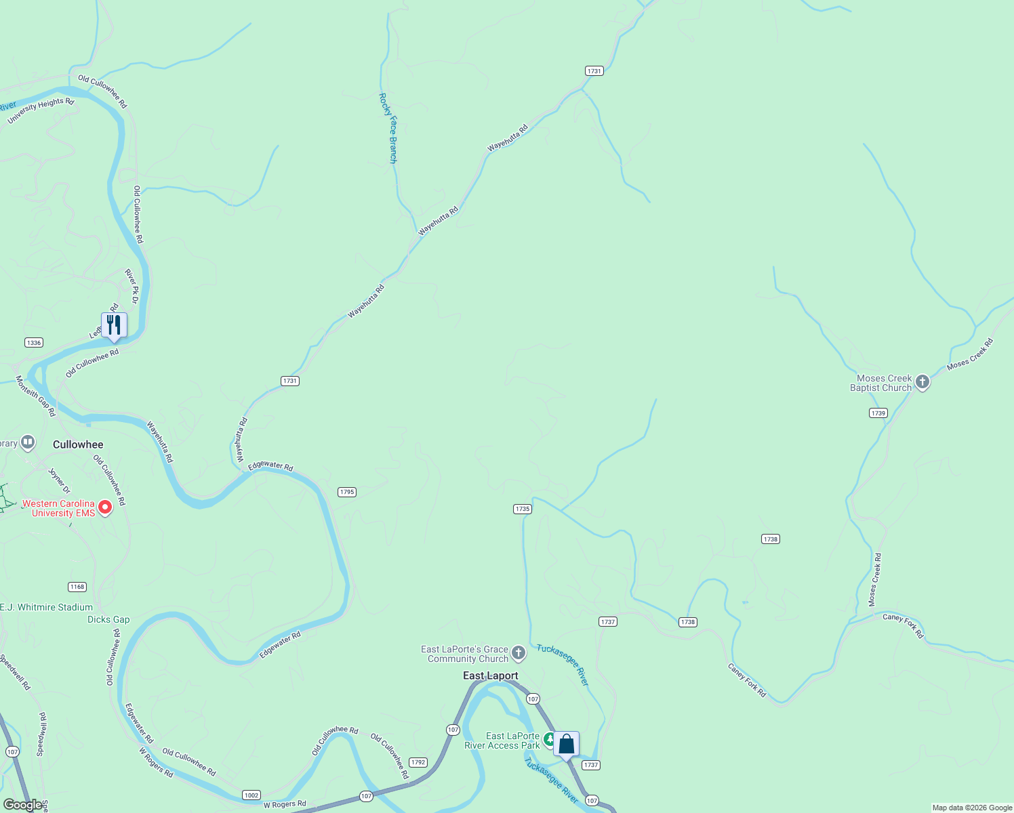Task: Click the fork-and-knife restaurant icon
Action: (x=114, y=325)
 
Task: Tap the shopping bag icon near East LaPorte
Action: (x=566, y=744)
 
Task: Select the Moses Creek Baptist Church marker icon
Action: (x=922, y=382)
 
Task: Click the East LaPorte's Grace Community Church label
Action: (x=464, y=654)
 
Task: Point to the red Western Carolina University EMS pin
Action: (x=105, y=507)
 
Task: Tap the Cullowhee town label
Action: (x=78, y=444)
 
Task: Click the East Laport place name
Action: (x=490, y=675)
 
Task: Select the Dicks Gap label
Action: (x=108, y=619)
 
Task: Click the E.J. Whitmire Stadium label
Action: (x=46, y=607)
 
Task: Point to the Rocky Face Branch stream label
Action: (x=388, y=128)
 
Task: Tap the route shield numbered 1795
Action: (x=346, y=492)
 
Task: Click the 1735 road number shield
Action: (x=522, y=509)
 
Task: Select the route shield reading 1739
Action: (x=878, y=413)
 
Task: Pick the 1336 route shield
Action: (x=34, y=342)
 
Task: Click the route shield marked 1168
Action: (x=77, y=587)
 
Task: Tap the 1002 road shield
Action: (x=251, y=795)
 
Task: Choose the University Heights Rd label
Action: (x=40, y=111)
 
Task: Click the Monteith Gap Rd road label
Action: (x=35, y=396)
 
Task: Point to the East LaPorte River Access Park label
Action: (x=502, y=741)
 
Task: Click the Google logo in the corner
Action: (x=22, y=805)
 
